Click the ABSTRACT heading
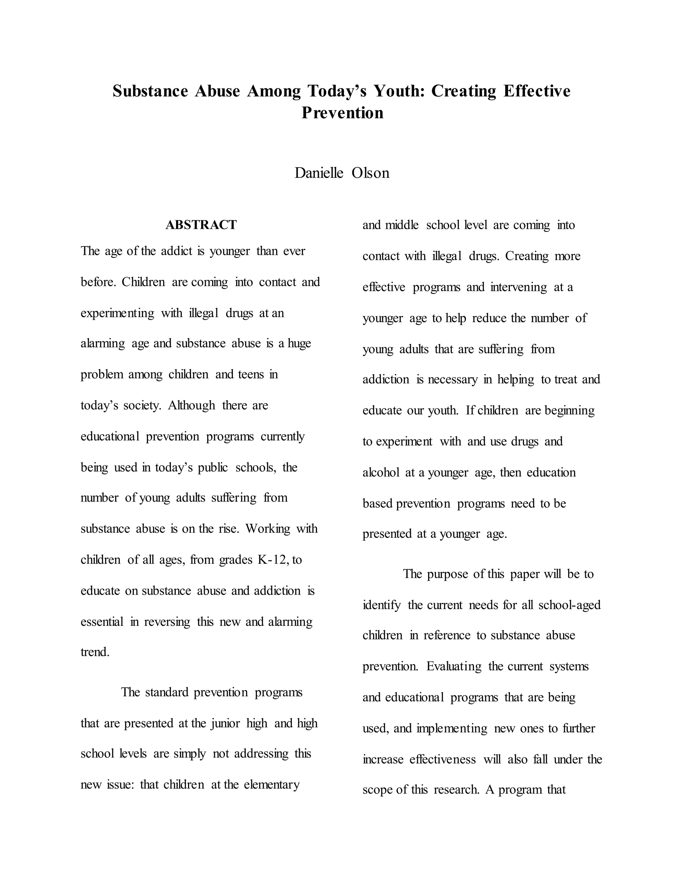pos(201,225)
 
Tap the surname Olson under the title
pos(370,173)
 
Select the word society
pos(142,406)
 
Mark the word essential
pos(102,622)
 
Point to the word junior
pos(225,723)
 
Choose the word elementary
pos(272,785)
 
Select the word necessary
pos(453,380)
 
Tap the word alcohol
pos(381,473)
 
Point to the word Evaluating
pos(454,667)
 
